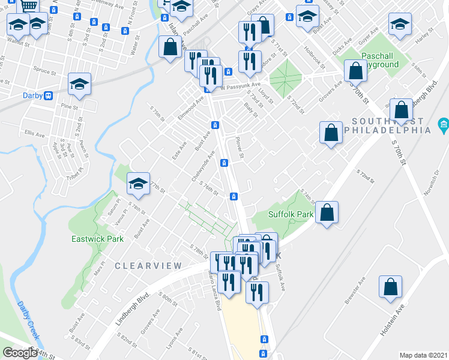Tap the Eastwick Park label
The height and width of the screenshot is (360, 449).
pyautogui.click(x=97, y=239)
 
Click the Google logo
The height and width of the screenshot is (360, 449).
pyautogui.click(x=20, y=353)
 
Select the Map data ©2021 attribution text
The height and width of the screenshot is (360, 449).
pyautogui.click(x=424, y=355)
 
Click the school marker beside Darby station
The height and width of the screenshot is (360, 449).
pyautogui.click(x=79, y=85)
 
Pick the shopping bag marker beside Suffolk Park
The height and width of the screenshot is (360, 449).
pyautogui.click(x=327, y=212)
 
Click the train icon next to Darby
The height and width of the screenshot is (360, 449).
pyautogui.click(x=47, y=95)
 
